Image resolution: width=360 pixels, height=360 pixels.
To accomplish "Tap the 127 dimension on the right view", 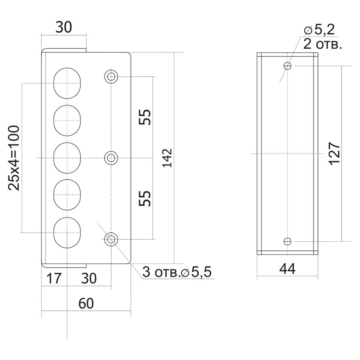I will point(333,152).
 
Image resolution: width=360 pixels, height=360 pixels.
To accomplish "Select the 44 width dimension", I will point(287,269).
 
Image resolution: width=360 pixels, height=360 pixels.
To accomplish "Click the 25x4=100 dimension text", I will point(14,158).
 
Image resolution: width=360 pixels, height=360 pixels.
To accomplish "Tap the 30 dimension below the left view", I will point(88,278).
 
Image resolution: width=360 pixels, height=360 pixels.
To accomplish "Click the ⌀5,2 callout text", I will point(319,29).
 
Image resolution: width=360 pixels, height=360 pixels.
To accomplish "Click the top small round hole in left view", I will point(111,76).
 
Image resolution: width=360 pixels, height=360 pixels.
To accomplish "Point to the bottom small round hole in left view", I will point(111,240).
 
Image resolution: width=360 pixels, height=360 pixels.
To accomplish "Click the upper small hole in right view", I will point(287,66).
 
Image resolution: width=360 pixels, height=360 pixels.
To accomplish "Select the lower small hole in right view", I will point(287,241).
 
